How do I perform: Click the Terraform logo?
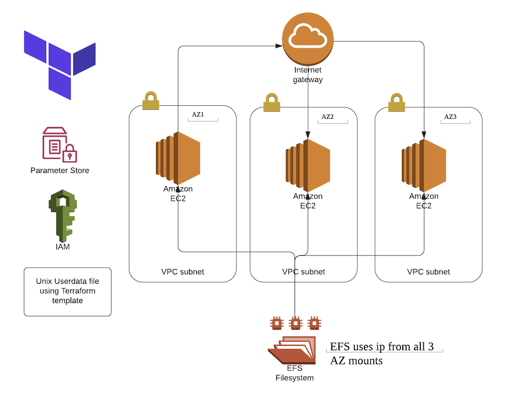pos(59,64)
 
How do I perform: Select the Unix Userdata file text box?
pos(68,292)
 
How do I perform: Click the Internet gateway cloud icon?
pos(307,38)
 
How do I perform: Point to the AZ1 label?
pos(198,115)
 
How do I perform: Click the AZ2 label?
pos(327,117)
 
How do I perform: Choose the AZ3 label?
pos(450,117)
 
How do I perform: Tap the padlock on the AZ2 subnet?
pos(271,102)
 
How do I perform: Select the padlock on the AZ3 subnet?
pos(396,102)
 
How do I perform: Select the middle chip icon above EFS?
pos(295,324)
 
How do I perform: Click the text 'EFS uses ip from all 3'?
pos(382,346)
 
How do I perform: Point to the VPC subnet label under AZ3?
pos(428,272)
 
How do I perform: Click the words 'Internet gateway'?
pos(307,75)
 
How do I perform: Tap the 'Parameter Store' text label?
pos(59,170)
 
